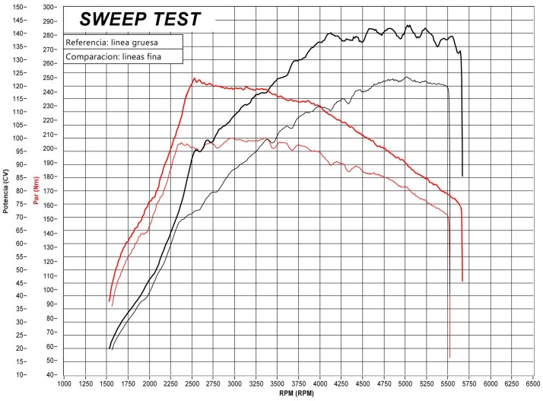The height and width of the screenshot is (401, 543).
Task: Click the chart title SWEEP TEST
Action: [x=141, y=20]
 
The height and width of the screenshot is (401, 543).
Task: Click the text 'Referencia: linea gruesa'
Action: [x=112, y=43]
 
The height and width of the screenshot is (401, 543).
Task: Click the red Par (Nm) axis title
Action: [x=35, y=189]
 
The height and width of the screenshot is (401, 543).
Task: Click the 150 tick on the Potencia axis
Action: [x=19, y=7]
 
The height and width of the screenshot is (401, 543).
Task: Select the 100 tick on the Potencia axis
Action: [x=19, y=138]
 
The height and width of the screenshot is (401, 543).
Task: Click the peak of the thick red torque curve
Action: [x=194, y=78]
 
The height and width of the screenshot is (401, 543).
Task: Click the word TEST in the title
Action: [x=176, y=20]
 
